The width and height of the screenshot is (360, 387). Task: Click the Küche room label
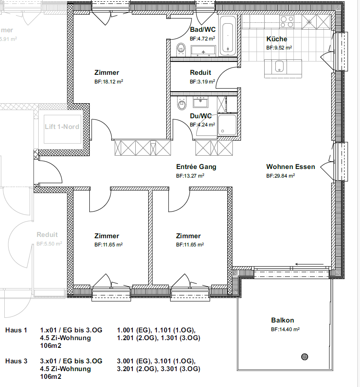tap(277, 39)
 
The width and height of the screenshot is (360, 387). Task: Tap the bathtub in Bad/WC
tap(228, 36)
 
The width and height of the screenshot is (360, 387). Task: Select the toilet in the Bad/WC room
tap(181, 49)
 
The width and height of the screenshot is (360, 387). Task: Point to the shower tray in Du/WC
tap(227, 125)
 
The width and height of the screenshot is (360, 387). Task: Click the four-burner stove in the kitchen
tap(287, 22)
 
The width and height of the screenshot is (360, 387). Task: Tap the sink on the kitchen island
tap(279, 66)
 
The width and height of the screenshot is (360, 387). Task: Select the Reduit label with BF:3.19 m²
tap(201, 73)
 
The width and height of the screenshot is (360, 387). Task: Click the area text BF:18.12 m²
tap(109, 81)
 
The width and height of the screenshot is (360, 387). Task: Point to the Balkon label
tap(283, 320)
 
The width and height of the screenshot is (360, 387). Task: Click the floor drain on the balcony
tap(305, 356)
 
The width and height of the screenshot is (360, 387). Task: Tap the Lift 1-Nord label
tap(62, 126)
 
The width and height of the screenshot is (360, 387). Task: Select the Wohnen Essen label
tap(291, 166)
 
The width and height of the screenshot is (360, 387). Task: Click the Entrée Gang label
tap(196, 167)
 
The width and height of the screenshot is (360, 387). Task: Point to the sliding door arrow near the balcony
tap(309, 264)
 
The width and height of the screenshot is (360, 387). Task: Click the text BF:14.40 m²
tap(285, 329)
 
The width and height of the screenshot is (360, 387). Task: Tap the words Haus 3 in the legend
tap(16, 361)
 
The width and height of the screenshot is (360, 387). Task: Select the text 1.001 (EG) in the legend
tap(134, 330)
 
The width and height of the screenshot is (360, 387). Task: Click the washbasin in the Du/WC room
tap(201, 102)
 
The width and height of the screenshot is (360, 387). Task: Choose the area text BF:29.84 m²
tap(281, 176)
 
